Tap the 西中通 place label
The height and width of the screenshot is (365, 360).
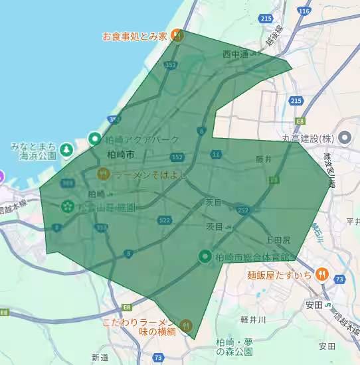coord(235,54)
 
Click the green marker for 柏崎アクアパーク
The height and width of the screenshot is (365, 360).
coord(95,139)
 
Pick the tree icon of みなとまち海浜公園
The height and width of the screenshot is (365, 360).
coord(66,150)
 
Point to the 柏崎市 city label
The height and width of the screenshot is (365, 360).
coord(120,155)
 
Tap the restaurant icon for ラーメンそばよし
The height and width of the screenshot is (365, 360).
coord(104,175)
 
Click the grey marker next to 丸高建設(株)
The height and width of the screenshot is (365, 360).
coord(345,139)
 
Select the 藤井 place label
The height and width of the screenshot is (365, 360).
coord(264,159)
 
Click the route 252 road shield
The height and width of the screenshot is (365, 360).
coord(243,210)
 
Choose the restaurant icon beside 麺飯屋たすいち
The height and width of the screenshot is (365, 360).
coord(321,273)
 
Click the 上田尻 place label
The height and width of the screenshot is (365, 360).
coord(278,239)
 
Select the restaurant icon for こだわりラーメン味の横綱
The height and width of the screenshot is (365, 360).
coord(187,326)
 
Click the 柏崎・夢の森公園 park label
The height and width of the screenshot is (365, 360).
coord(240,346)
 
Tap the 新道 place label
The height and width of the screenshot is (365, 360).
coord(100,358)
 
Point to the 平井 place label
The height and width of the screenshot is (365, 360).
coord(352,220)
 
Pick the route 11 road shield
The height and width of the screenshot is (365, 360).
coord(216,155)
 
